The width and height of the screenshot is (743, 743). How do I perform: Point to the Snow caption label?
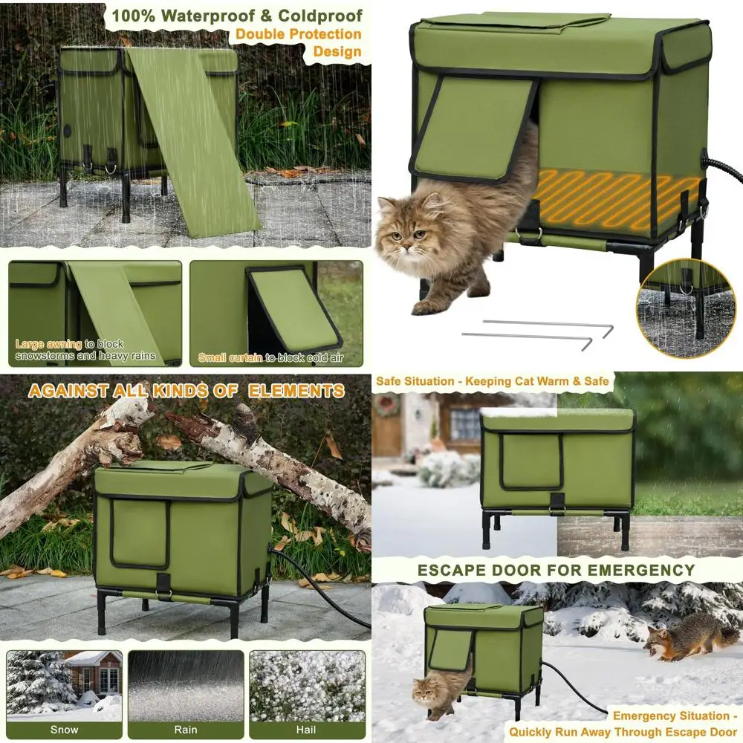(64, 730)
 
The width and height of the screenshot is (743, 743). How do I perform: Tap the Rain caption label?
(186, 730)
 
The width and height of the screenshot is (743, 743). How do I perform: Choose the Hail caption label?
(307, 730)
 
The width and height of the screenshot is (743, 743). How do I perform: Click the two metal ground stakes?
(536, 331)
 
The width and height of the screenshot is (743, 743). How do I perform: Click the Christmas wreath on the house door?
(386, 406)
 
